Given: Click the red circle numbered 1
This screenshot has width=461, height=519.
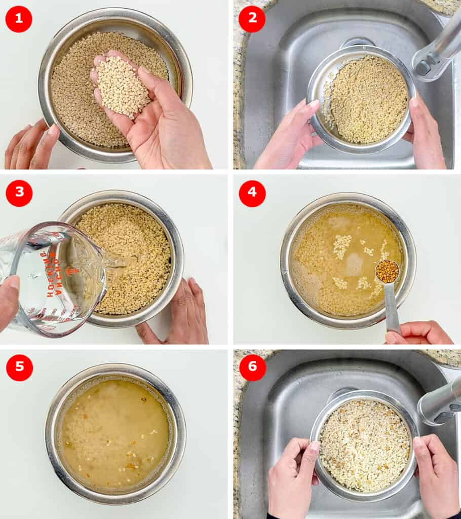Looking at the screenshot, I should pyautogui.click(x=19, y=19).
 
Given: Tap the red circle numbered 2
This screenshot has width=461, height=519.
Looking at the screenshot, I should pyautogui.click(x=252, y=19).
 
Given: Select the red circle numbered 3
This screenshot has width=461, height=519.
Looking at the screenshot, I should pyautogui.click(x=19, y=193).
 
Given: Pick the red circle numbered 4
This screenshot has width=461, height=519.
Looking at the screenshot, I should pyautogui.click(x=252, y=193).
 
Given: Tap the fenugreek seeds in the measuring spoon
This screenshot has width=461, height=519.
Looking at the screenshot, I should pyautogui.click(x=387, y=272).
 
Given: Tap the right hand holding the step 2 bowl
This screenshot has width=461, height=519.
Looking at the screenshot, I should pyautogui.click(x=425, y=134).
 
